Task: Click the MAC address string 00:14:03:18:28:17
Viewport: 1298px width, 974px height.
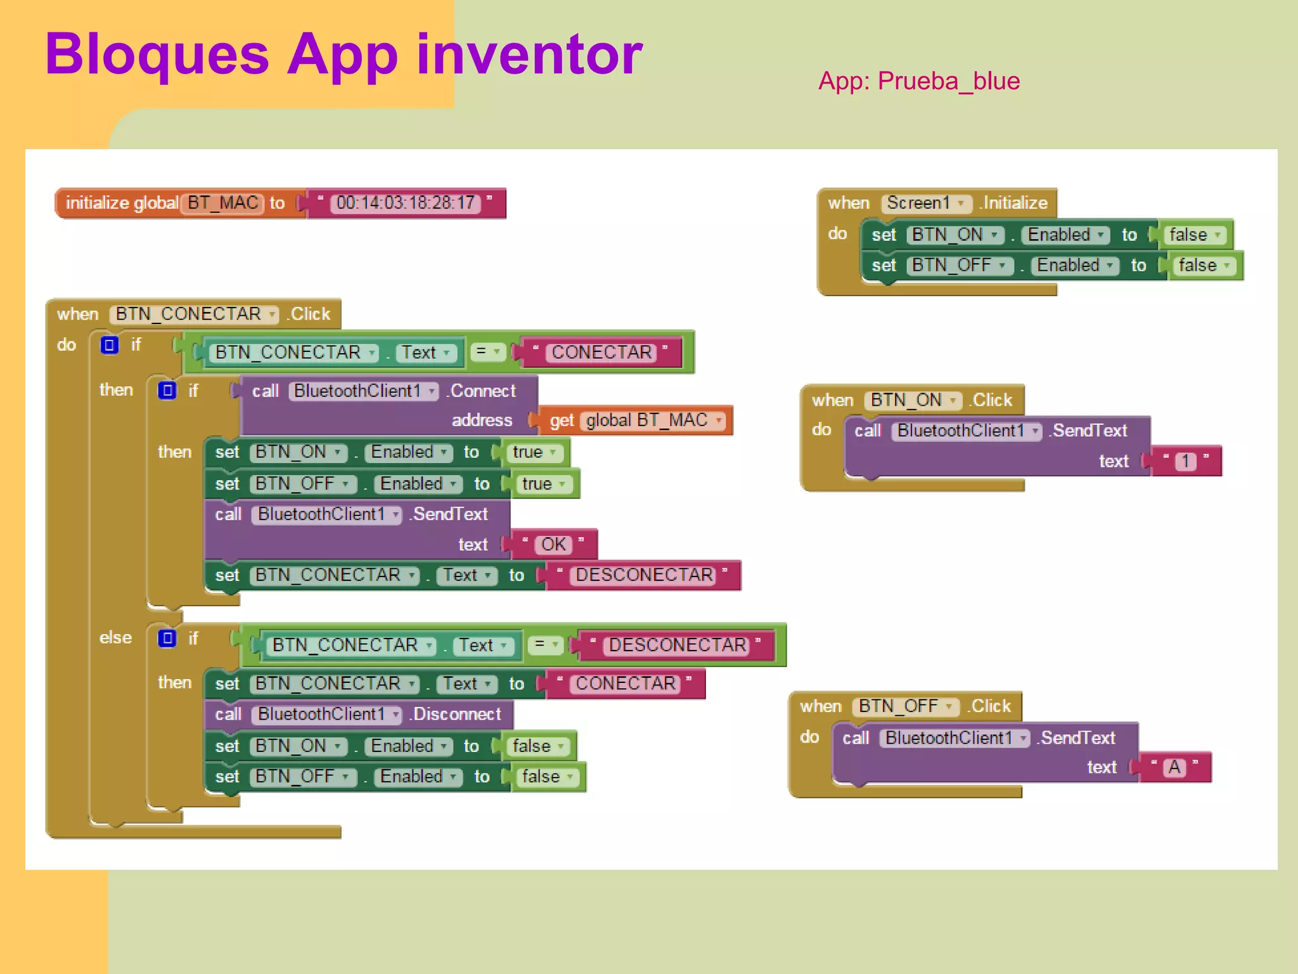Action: point(406,203)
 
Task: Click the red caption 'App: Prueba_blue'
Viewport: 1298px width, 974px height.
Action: point(918,81)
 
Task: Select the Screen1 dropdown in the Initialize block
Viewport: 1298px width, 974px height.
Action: point(925,203)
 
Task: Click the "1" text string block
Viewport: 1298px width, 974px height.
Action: point(1185,461)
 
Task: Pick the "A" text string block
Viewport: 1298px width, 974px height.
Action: point(1174,767)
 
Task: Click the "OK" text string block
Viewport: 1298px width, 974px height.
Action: point(553,544)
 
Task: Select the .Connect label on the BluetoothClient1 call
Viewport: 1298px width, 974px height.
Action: point(482,391)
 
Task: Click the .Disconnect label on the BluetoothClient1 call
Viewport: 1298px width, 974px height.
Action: point(456,714)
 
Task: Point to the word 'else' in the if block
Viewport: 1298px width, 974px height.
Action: point(115,637)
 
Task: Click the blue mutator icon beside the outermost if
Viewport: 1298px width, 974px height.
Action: point(110,345)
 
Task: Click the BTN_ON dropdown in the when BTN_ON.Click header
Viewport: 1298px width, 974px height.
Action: point(913,400)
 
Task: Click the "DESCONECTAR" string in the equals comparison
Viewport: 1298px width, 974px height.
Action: point(678,645)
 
